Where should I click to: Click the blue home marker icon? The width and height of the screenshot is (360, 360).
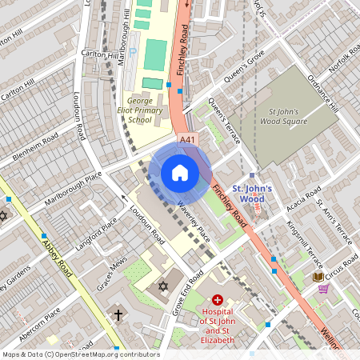point(180,172)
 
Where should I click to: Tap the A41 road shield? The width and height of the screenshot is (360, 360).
point(187,140)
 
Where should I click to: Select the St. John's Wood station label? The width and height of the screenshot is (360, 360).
point(252,194)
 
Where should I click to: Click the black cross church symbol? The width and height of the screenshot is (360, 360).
point(118,314)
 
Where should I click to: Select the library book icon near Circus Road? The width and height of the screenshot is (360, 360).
point(318,277)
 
